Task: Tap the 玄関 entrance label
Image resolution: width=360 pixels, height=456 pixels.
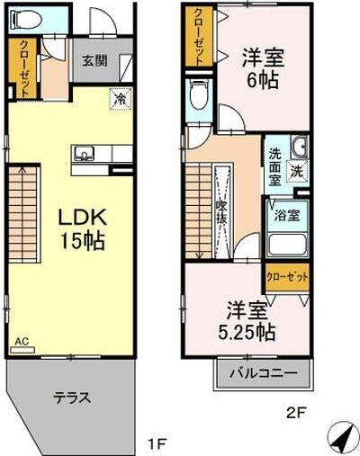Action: (x=93, y=61)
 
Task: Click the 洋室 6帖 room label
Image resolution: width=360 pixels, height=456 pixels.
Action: (x=262, y=68)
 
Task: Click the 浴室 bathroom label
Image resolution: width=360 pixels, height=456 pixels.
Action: (x=286, y=216)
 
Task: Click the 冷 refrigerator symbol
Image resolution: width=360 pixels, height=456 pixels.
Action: (x=120, y=99)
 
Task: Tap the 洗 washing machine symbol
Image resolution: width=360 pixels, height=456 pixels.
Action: (x=296, y=169)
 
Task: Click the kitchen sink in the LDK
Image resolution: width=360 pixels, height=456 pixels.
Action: (x=83, y=153)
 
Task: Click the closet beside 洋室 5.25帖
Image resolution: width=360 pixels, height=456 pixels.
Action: (x=287, y=276)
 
